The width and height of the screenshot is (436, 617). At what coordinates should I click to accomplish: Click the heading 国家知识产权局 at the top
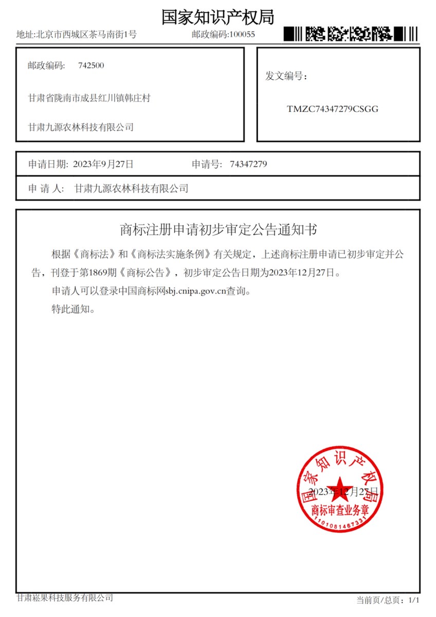tap(217, 16)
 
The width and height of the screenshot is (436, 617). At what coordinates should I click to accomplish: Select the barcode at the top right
tap(351, 34)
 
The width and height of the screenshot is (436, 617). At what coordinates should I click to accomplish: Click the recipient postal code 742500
tap(91, 65)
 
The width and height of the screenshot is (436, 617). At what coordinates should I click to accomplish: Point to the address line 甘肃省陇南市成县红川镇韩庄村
tap(89, 98)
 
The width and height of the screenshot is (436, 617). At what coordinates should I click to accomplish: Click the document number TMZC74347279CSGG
tap(333, 109)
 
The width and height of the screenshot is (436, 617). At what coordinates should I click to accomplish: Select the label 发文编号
tap(286, 77)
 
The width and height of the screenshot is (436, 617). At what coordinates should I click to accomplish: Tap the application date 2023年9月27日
tap(103, 164)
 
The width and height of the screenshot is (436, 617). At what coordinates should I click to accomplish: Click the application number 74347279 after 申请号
tap(248, 164)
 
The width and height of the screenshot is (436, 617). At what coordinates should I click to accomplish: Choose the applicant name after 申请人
tap(131, 189)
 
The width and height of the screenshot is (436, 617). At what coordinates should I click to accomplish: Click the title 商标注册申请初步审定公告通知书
tap(218, 229)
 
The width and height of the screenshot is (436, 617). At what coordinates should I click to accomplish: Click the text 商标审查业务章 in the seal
tap(338, 510)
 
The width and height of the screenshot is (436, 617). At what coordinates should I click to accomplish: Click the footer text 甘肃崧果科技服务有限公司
tap(65, 597)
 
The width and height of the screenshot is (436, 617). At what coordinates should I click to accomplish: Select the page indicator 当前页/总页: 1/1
tap(388, 600)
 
